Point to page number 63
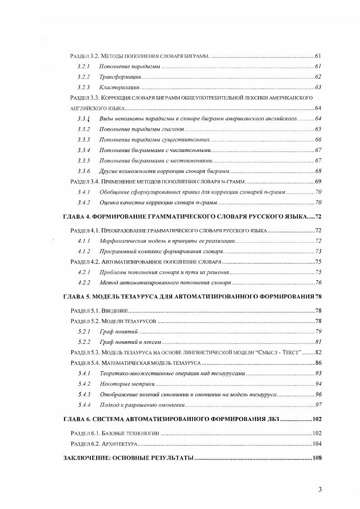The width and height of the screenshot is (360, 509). coord(318,87)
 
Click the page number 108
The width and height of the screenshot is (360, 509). coord(316,458)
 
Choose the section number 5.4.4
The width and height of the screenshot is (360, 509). coord(84,405)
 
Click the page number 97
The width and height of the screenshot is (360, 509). coord(318,405)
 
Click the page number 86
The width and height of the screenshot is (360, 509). coord(318,363)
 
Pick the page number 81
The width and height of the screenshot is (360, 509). coord(318,342)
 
